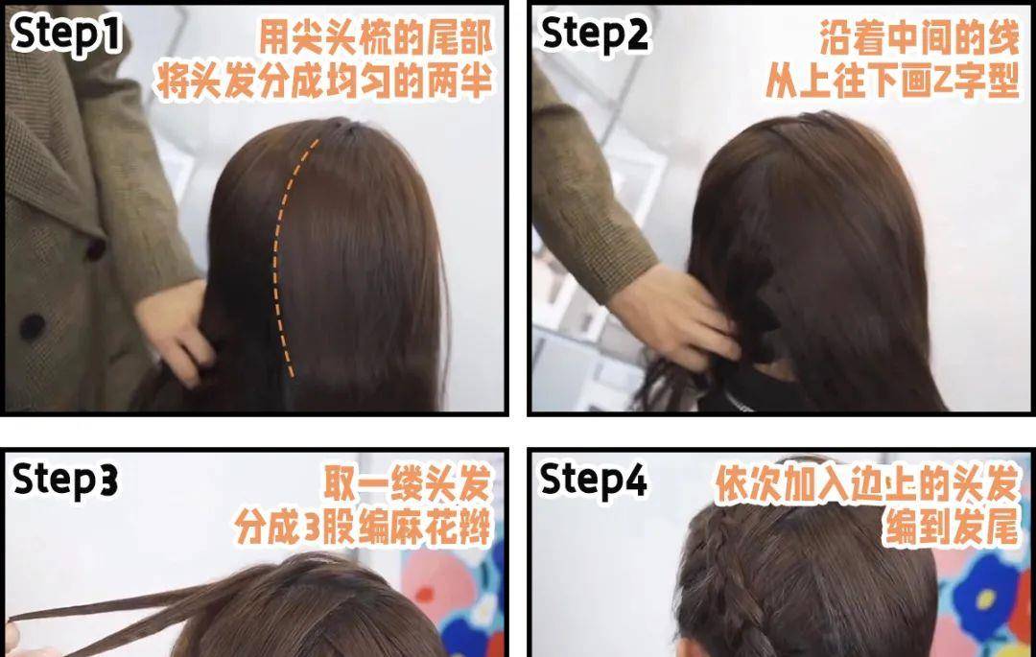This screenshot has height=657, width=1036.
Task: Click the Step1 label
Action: [x=66, y=34]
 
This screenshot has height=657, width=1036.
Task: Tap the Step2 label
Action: [x=594, y=34]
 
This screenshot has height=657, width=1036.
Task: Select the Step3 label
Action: [x=65, y=480]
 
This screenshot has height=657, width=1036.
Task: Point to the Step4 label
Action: [x=594, y=480]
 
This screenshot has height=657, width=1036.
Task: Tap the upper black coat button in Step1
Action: [x=97, y=249]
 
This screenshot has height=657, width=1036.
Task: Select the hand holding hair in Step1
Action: [x=174, y=330]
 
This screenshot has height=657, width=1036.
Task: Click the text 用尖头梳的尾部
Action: [x=375, y=37]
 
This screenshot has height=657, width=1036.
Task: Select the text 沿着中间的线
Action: [x=919, y=37]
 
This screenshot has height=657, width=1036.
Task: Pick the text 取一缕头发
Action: [x=408, y=484]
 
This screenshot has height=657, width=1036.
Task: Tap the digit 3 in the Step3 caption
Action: [x=315, y=528]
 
